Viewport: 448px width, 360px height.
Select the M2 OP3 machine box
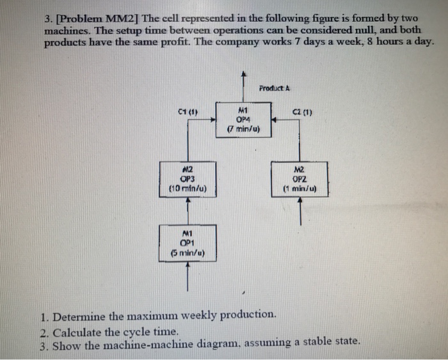[187, 180]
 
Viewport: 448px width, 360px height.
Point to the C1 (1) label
[187, 114]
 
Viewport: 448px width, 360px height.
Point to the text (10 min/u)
[187, 189]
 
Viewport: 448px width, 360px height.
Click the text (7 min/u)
[243, 129]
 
